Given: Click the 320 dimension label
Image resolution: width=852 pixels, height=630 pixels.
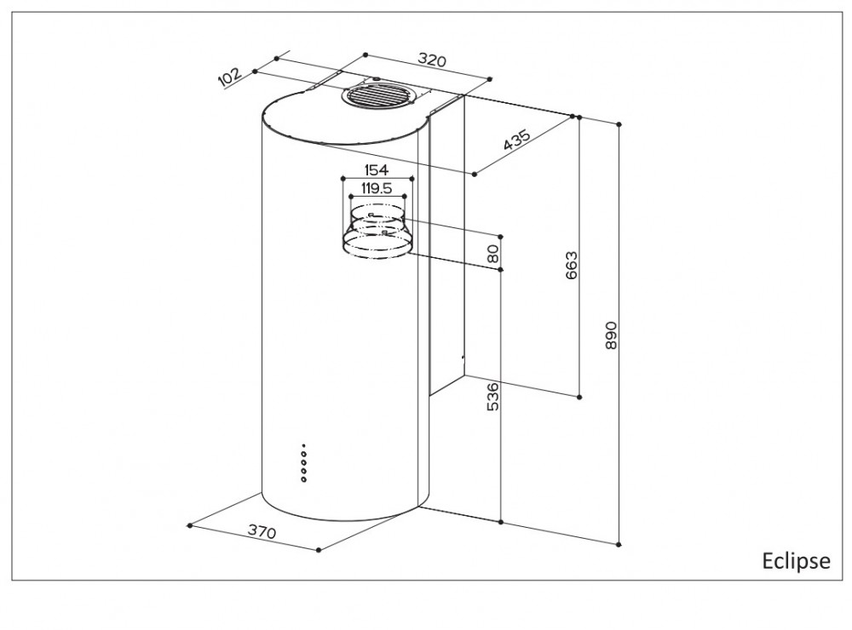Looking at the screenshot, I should (x=434, y=61).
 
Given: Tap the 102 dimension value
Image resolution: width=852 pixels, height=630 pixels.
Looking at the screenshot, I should (x=228, y=77).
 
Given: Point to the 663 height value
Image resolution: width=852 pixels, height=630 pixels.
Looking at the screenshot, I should (x=571, y=265).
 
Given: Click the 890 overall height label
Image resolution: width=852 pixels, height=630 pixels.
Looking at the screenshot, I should (x=609, y=335).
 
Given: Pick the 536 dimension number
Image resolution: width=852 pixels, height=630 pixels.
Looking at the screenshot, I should (x=492, y=397).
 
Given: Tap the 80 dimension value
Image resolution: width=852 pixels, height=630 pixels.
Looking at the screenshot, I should (x=492, y=253).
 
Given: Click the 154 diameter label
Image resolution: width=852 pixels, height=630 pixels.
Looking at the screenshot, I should (x=376, y=170).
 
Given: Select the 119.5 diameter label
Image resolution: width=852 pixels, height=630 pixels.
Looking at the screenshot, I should (x=375, y=190).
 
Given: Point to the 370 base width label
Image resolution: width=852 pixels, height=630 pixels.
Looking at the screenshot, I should (x=262, y=533).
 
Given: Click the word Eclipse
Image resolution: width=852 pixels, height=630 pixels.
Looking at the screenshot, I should (x=795, y=561).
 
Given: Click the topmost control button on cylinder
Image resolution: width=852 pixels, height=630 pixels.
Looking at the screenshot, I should (x=303, y=446).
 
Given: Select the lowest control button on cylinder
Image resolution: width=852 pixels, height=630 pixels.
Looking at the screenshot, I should (x=303, y=480).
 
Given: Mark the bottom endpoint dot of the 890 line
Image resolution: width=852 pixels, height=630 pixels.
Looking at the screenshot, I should (x=619, y=542).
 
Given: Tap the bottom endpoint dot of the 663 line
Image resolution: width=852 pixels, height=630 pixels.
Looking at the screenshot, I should (x=580, y=397).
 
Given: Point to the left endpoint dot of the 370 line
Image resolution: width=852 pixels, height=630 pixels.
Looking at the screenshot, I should (x=189, y=524).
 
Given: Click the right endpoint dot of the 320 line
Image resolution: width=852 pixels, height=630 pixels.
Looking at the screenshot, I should (x=491, y=79).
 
